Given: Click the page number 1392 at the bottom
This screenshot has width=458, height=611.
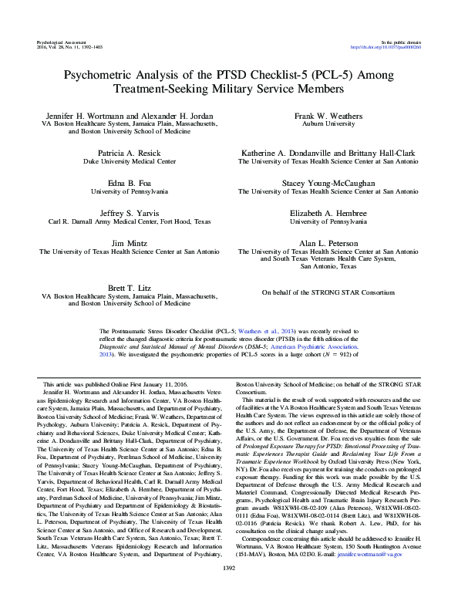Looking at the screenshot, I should (229, 589).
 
